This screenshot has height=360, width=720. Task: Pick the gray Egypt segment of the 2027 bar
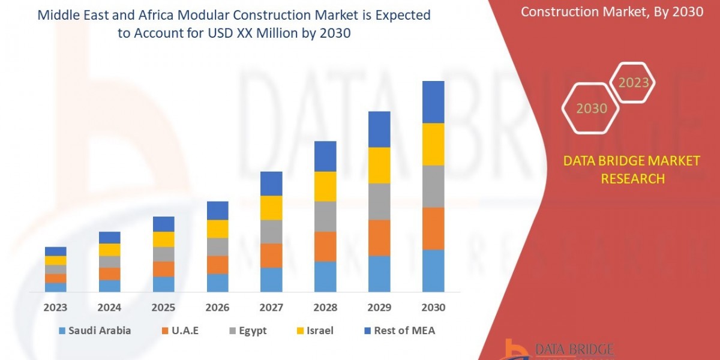[x=271, y=231]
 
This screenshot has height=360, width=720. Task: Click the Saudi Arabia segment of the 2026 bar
[x=217, y=283]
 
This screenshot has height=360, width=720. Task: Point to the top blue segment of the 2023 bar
[x=56, y=251]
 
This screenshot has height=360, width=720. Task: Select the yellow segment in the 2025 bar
[x=163, y=239]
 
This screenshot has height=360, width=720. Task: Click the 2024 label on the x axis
[x=109, y=307]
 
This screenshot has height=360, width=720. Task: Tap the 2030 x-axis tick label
[x=433, y=307]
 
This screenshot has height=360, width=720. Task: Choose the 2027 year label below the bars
[x=271, y=307]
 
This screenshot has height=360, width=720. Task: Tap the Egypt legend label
[x=253, y=331]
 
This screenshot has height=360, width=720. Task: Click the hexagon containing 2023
[x=634, y=82]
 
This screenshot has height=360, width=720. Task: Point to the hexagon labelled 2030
[x=591, y=109]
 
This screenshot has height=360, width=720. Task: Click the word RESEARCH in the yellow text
[x=631, y=178]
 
